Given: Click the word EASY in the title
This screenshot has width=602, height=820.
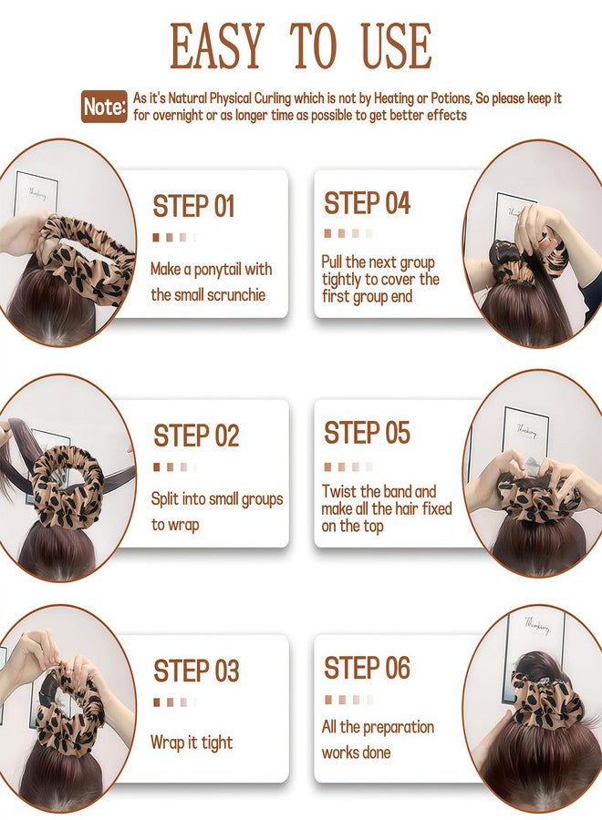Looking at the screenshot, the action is pos(216,46).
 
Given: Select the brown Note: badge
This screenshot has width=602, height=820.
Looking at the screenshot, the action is pos(104,107).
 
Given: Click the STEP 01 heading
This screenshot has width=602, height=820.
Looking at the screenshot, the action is pos(193,206).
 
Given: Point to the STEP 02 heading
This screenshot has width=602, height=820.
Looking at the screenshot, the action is pos(196,436).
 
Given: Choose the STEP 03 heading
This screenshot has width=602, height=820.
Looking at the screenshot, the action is pos(196,671).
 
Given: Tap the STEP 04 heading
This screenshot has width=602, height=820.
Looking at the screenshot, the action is pos(367,203).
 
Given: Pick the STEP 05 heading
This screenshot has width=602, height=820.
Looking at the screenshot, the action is pos(367,433).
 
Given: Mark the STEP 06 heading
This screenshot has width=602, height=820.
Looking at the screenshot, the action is pos(367,668).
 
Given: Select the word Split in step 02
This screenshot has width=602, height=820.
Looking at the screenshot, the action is pos(165,499).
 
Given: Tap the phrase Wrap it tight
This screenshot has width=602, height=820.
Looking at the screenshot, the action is pos(192,742).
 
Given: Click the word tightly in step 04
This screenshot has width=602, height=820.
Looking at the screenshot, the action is pos(342,280).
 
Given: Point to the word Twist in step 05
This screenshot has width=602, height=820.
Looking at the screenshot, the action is pos(339,492).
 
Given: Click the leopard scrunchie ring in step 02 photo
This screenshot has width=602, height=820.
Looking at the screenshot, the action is pos(67,487).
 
